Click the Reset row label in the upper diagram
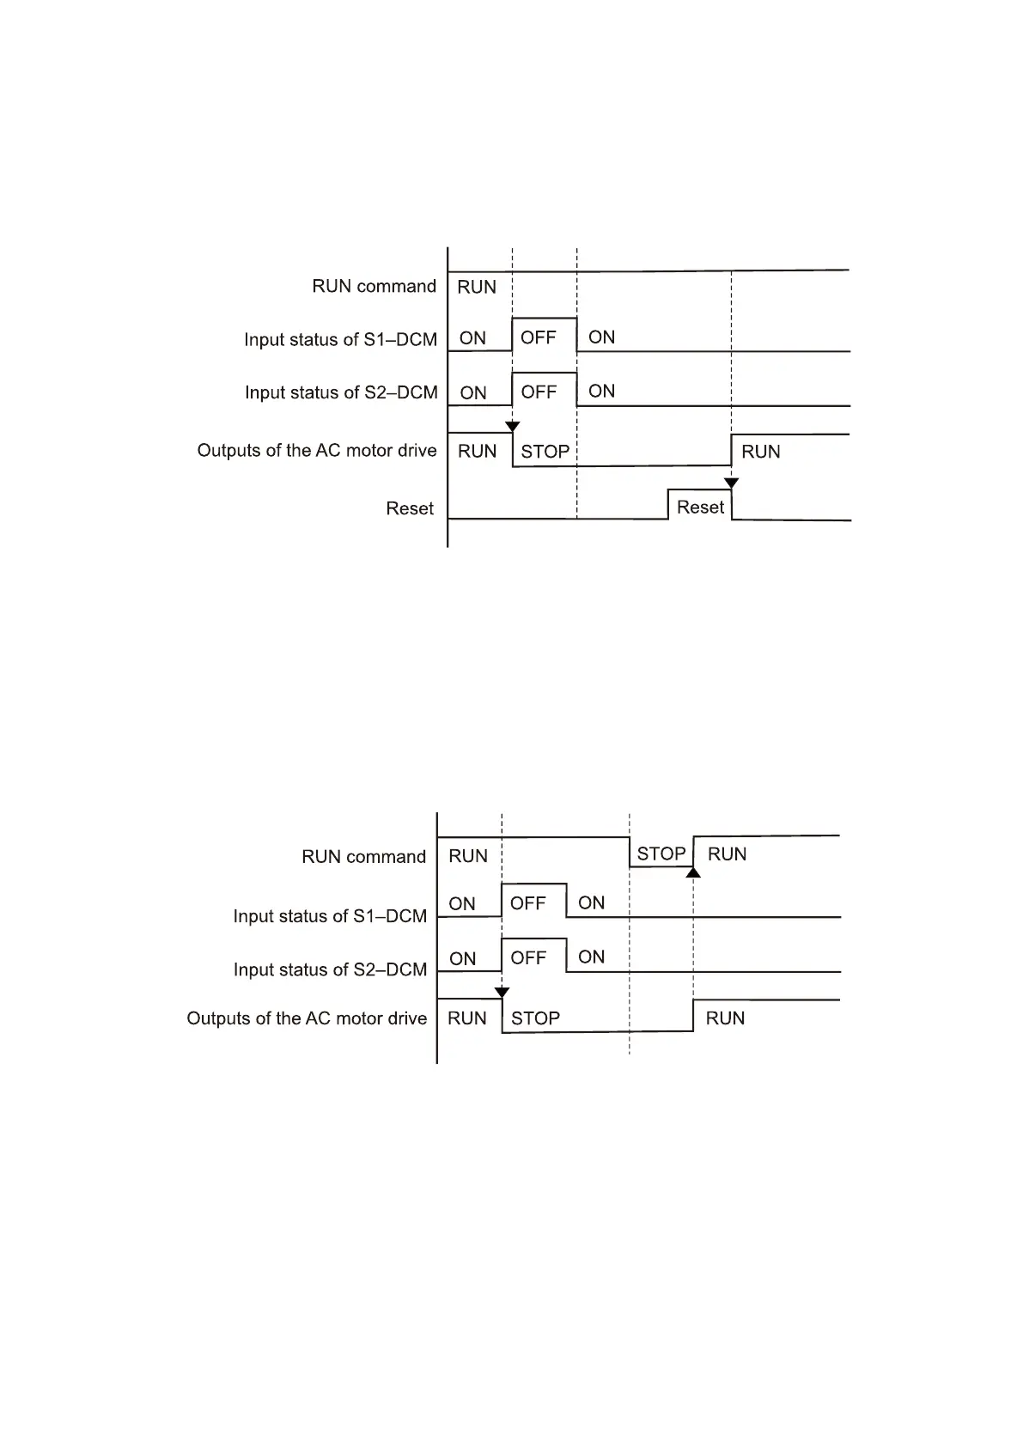tap(410, 508)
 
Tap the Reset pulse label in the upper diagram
tap(700, 507)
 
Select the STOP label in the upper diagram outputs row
tap(545, 452)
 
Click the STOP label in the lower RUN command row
tap(661, 854)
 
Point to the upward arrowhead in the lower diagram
tap(693, 872)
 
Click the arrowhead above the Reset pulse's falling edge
tap(731, 483)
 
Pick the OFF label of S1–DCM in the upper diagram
tap(539, 337)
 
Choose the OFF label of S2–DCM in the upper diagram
tap(539, 392)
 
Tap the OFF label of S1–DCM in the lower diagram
tap(528, 903)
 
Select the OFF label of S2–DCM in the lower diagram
tap(528, 957)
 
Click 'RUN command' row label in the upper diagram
tap(374, 286)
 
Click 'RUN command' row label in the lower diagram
tap(363, 856)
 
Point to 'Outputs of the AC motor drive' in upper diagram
tap(317, 451)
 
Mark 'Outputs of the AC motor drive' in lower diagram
tap(307, 1018)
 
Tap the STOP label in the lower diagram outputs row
tap(535, 1018)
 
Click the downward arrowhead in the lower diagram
tap(502, 993)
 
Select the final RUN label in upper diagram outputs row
tap(760, 452)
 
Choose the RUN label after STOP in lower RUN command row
tap(727, 854)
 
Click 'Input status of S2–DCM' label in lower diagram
tap(330, 969)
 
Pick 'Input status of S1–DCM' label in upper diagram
tap(340, 339)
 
